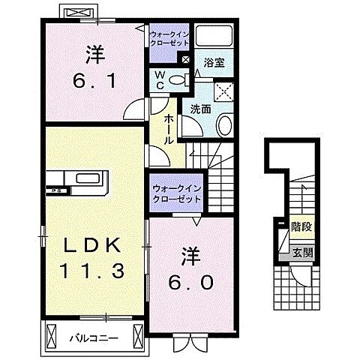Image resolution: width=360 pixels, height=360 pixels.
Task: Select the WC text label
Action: [160, 79]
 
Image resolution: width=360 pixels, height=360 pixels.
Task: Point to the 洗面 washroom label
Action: [199, 109]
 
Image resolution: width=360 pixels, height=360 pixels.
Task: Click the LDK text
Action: [88, 245]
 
